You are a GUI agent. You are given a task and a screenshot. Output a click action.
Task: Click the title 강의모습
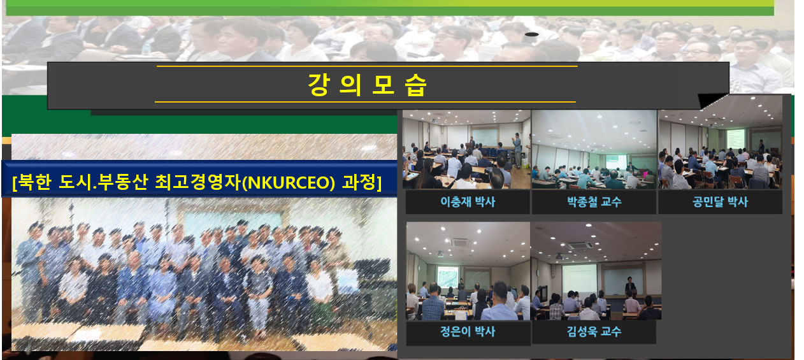point(367,85)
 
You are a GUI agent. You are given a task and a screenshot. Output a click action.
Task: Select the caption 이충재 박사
point(468,202)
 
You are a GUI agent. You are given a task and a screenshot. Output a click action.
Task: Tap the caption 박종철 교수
point(594,202)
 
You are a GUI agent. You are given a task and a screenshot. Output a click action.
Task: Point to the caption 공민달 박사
point(721,202)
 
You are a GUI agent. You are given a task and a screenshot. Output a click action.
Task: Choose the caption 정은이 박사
point(468,331)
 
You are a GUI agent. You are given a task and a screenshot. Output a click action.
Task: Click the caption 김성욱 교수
point(594,331)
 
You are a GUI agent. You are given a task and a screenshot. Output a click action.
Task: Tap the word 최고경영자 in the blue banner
point(198,182)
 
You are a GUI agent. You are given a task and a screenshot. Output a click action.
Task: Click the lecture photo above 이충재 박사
point(466,149)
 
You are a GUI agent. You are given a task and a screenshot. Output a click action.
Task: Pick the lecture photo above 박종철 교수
point(594,149)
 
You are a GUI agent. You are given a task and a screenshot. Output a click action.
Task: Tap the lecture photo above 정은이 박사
point(468,271)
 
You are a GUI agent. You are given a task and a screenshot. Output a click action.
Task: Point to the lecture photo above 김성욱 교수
point(596,271)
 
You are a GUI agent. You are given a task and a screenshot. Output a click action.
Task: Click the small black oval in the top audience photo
point(531,34)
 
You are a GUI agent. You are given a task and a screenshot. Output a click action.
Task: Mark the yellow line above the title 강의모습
point(367,66)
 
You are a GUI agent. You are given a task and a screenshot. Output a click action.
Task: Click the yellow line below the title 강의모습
point(366,102)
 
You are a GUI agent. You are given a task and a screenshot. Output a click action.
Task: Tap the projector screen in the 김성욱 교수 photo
point(579,279)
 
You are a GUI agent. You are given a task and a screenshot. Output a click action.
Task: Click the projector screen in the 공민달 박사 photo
point(735,139)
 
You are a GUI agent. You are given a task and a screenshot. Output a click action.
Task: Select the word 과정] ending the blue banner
point(362,183)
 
